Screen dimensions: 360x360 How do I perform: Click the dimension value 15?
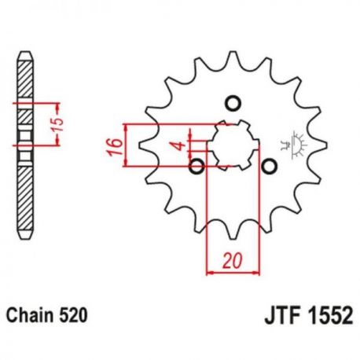pos(59,125)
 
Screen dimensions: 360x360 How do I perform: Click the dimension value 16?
pos(115,147)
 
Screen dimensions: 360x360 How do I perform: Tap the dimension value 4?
pos(180,145)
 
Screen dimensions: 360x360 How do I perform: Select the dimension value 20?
pos(232,261)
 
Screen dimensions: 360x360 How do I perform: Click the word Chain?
pos(30,316)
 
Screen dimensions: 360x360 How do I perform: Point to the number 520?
pos(73,316)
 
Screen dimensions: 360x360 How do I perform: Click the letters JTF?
pos(282,315)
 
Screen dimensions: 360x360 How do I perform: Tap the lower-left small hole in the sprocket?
pos(197,166)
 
